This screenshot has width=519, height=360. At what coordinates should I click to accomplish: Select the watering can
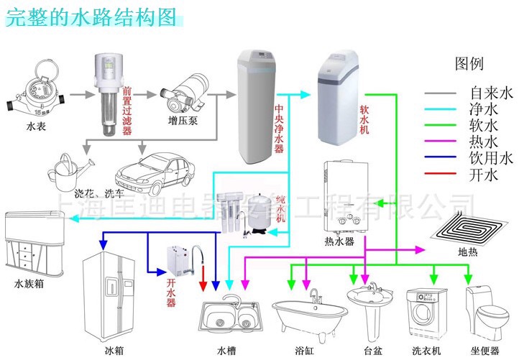(68, 169)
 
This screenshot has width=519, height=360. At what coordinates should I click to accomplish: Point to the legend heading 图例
(469, 64)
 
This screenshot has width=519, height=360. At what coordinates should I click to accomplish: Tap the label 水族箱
(29, 284)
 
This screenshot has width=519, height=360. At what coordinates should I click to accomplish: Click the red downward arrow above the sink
(203, 276)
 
